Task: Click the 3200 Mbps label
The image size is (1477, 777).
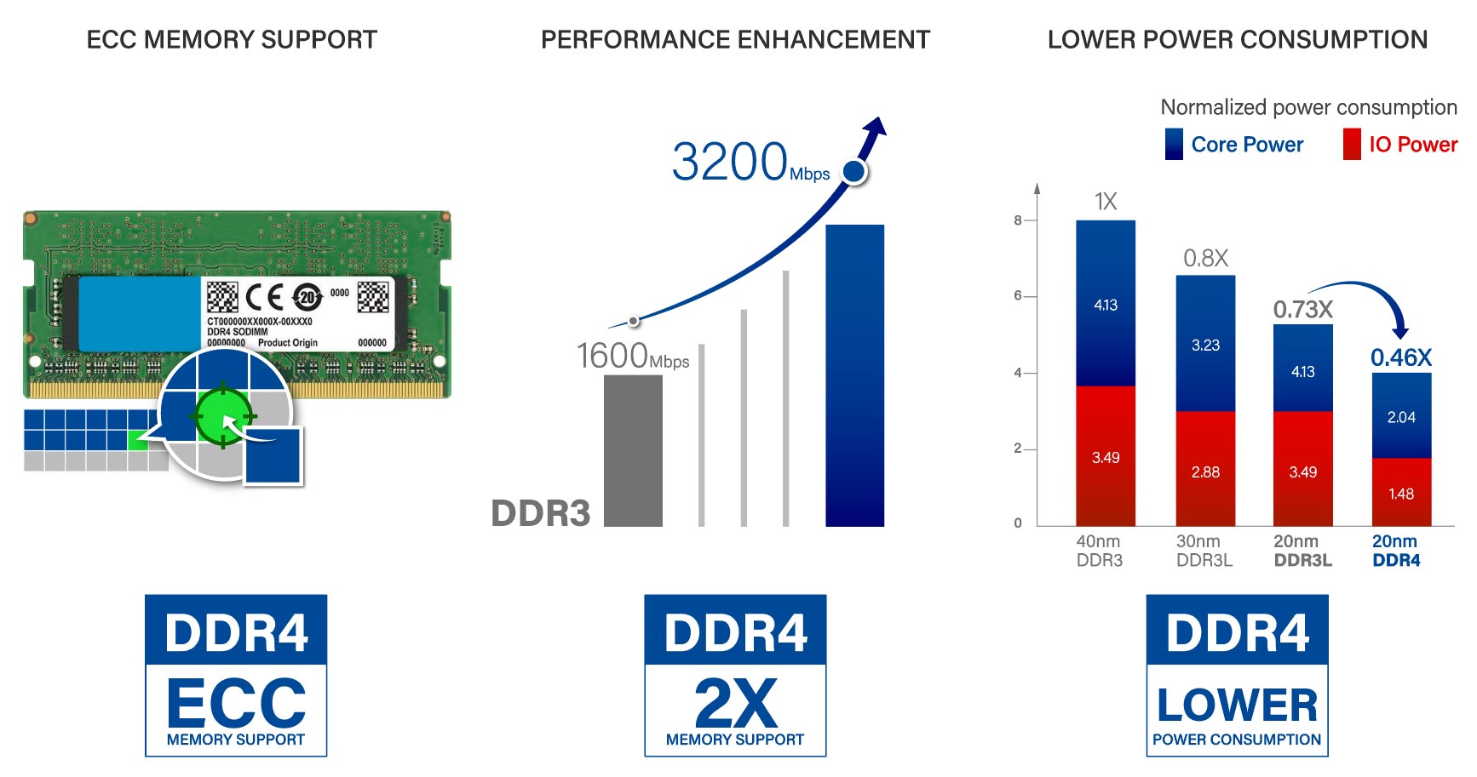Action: (749, 162)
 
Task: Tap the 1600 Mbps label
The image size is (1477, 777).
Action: (632, 356)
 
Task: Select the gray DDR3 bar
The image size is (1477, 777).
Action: (633, 450)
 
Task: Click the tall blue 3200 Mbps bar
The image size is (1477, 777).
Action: (854, 375)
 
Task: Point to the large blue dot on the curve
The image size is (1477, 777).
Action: (853, 172)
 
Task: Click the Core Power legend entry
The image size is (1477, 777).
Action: (1234, 145)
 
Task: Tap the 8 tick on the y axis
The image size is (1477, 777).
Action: (1018, 220)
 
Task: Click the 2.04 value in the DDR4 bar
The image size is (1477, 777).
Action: (1401, 417)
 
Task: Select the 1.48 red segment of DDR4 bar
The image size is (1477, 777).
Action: (1401, 493)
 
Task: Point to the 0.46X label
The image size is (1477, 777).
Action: (1401, 357)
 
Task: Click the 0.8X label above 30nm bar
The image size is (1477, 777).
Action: (1205, 258)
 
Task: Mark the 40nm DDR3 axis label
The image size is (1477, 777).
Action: (1099, 551)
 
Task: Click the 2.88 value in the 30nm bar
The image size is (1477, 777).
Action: (1205, 471)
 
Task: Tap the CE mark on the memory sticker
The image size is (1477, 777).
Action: (264, 297)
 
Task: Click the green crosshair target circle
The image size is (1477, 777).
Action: (223, 416)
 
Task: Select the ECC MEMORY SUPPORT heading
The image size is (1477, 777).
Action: (232, 40)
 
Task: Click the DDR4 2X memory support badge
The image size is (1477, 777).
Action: (735, 675)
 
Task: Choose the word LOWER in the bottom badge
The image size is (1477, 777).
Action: (1237, 706)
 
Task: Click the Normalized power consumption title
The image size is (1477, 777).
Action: (1308, 107)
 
